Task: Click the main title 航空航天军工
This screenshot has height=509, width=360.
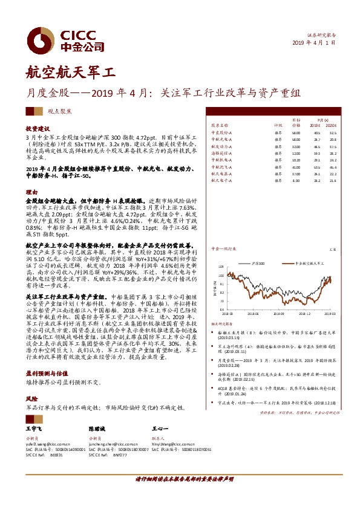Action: pos(70,74)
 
